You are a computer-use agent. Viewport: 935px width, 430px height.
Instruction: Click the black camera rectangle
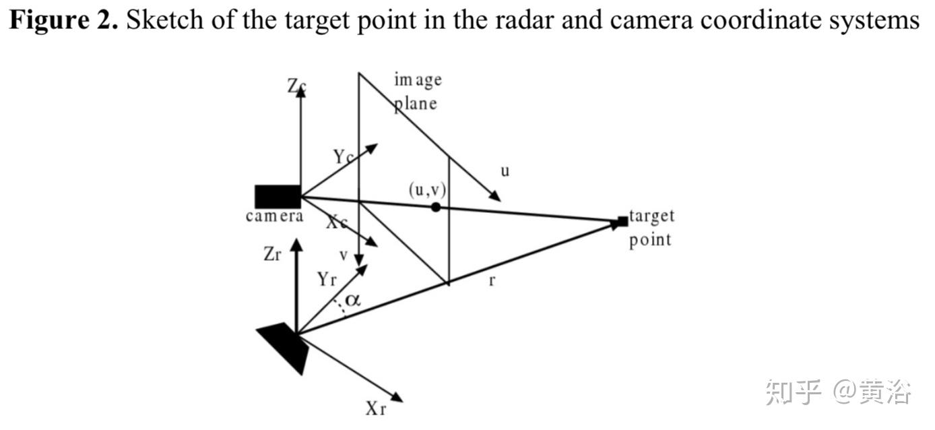coord(278,196)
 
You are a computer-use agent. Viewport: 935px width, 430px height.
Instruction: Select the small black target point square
coord(622,221)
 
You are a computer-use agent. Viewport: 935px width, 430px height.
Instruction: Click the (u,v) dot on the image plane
coord(436,207)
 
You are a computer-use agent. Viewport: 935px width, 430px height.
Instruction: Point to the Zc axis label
coord(296,86)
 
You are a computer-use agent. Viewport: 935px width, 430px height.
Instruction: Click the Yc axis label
coord(344,157)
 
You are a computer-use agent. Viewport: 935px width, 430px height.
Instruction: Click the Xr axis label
coord(376,408)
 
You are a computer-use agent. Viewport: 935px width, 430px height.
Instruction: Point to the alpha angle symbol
coord(353,299)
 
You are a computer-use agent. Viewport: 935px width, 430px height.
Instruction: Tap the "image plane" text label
coord(417,92)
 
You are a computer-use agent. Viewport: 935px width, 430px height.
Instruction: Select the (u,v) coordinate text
coord(427,189)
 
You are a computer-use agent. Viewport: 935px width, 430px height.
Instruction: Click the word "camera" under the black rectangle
coord(274,216)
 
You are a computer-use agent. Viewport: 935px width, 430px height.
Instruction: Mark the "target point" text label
coord(651,228)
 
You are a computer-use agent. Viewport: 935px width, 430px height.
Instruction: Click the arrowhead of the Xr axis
coord(397,397)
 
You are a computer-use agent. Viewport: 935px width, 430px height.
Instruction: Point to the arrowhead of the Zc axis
coord(300,92)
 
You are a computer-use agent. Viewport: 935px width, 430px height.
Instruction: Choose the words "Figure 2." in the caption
coord(63,21)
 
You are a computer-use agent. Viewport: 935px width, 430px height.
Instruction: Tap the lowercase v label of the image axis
coord(344,255)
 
